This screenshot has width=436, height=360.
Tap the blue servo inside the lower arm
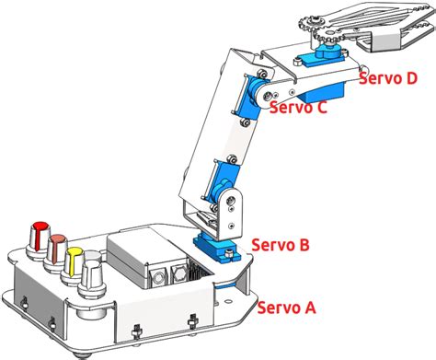224,189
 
